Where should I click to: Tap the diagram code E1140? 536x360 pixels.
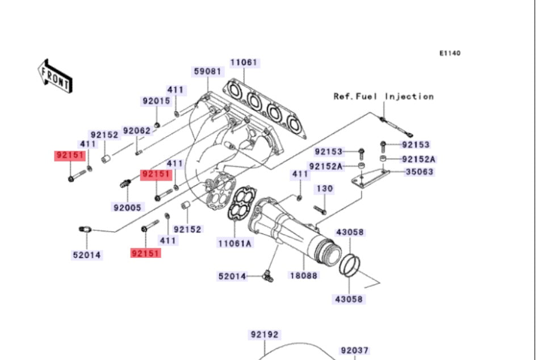point(450,53)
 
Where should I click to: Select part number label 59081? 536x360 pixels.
point(206,72)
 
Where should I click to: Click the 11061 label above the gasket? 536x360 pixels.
point(244,62)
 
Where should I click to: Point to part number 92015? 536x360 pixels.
point(156,101)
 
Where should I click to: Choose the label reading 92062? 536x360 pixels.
point(137,131)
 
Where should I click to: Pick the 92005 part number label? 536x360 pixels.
point(127,207)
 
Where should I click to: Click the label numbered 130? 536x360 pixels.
point(324,189)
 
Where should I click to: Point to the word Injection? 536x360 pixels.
point(409,97)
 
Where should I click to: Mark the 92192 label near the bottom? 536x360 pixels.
point(264,335)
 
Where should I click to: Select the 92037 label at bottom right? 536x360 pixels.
point(354,351)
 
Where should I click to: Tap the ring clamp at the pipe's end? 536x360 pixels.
point(350,265)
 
